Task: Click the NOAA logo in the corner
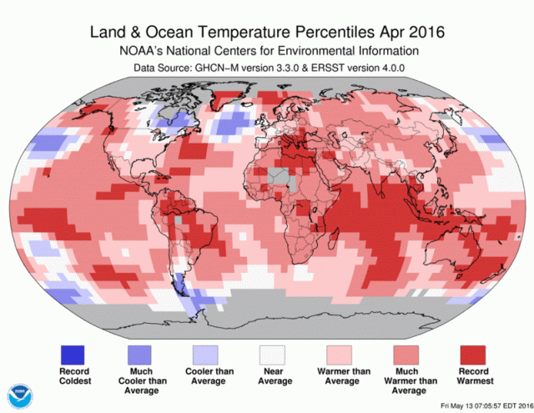click(18, 395)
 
